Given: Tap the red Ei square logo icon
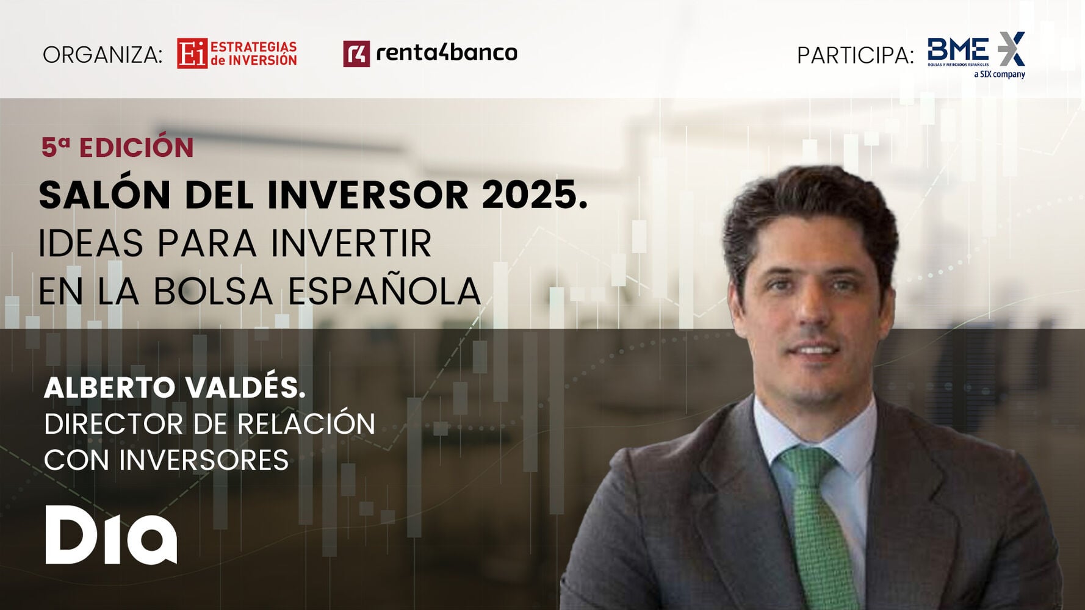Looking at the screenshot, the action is [x=192, y=54].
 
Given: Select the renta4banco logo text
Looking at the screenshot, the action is [x=447, y=53].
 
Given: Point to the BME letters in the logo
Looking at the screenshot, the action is [x=958, y=48].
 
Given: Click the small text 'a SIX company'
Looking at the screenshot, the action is [x=1000, y=74].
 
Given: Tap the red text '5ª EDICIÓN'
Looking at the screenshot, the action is [x=117, y=147].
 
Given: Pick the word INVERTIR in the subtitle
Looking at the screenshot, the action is [x=351, y=243].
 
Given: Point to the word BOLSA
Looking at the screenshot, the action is [x=213, y=291].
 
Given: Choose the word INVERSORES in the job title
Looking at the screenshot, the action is [x=203, y=460].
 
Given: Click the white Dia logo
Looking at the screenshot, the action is [x=111, y=534].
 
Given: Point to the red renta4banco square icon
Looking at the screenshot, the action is [x=356, y=54].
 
